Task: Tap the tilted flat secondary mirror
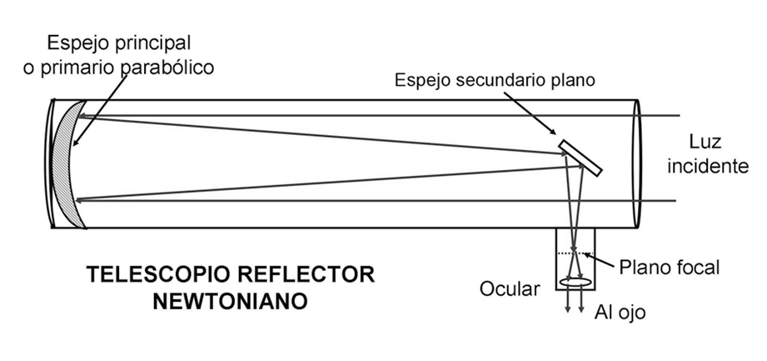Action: (x=581, y=158)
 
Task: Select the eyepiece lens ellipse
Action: (x=575, y=284)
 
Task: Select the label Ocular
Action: (x=510, y=289)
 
